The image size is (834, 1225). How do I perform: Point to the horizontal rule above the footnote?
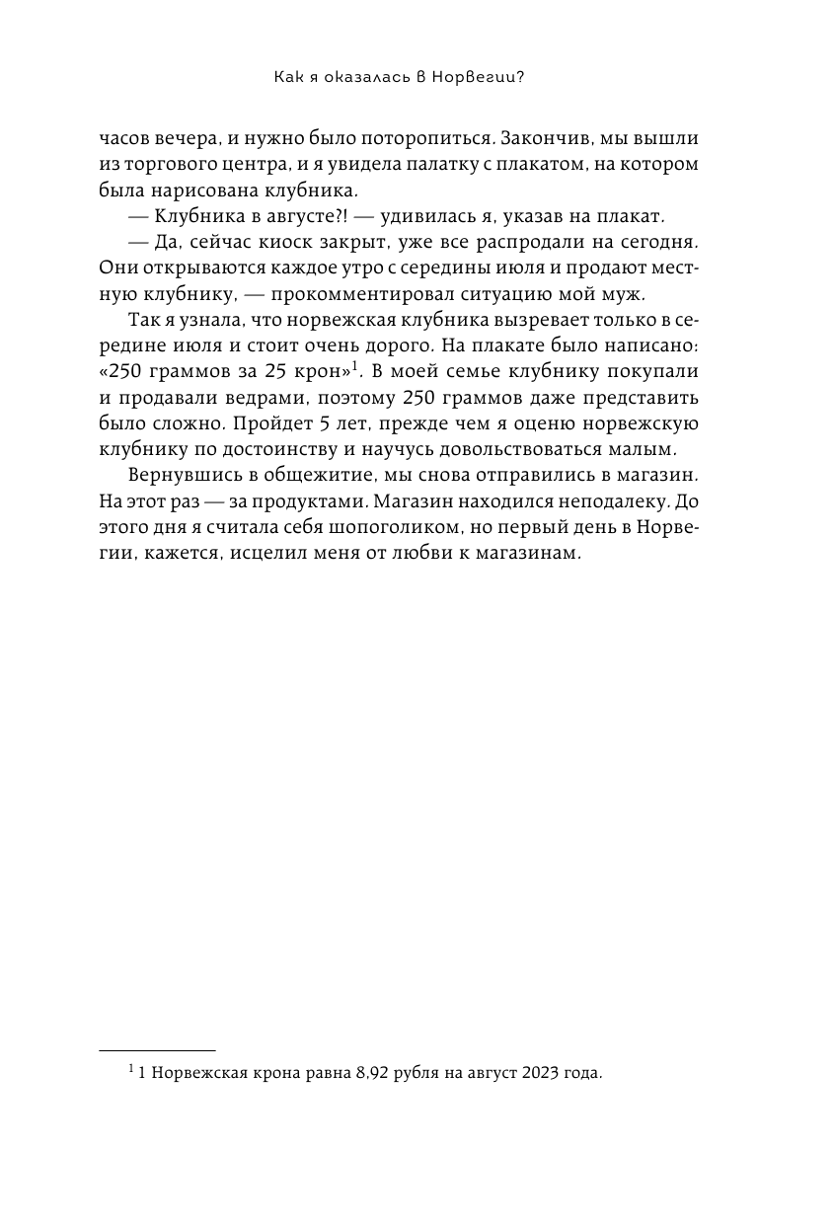158,1051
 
